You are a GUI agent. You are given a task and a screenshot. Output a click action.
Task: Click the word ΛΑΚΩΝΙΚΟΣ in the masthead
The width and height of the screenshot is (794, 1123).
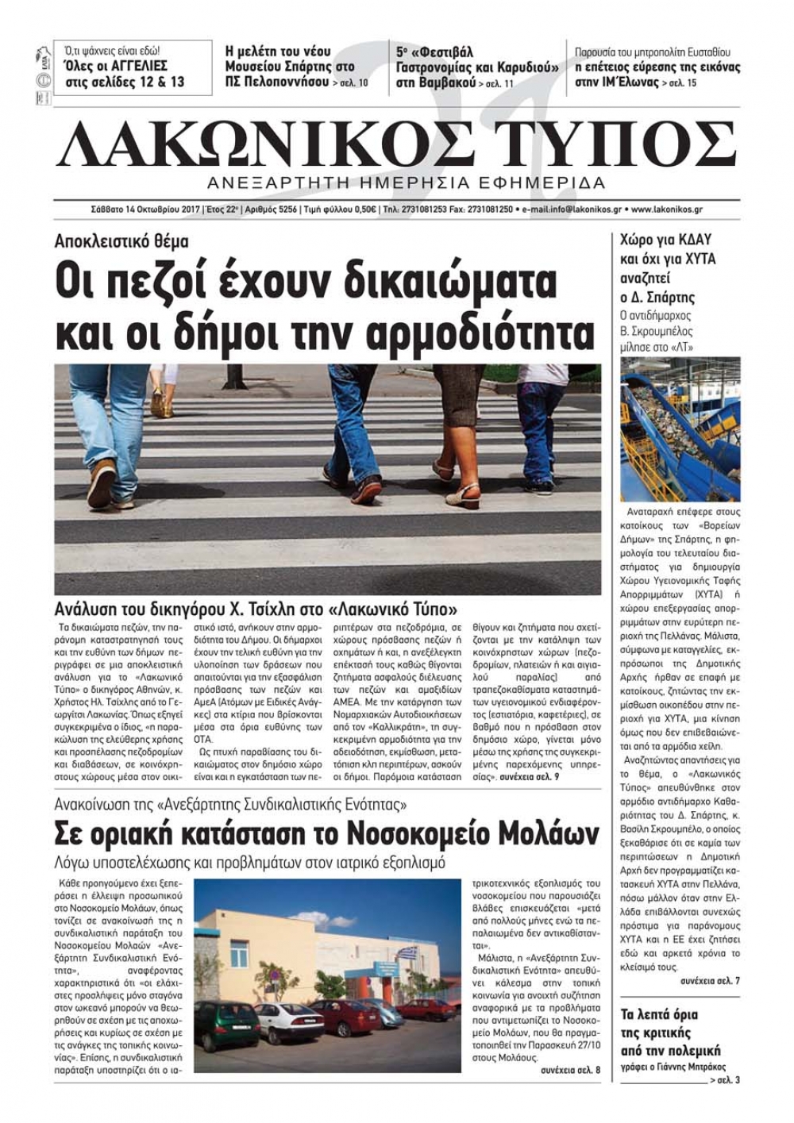pos(262,144)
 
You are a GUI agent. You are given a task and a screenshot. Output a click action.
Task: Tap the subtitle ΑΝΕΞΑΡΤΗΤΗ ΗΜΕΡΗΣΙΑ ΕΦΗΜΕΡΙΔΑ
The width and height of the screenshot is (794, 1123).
pos(405,183)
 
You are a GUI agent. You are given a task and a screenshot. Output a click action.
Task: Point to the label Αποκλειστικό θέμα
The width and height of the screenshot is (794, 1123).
pos(121,241)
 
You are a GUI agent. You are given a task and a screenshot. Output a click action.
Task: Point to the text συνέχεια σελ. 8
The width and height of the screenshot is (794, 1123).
pos(570,1070)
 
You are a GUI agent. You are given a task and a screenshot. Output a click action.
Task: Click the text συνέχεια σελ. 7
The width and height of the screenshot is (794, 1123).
pos(710,981)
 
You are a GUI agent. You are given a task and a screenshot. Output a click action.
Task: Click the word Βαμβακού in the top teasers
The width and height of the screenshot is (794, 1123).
pos(446,83)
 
